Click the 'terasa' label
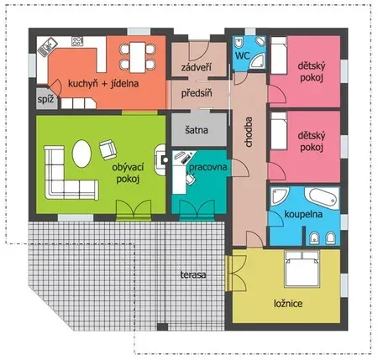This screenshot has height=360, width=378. (193, 274)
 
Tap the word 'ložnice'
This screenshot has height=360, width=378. (288, 304)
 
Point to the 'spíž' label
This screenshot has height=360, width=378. (45, 99)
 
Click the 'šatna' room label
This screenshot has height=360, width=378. (197, 130)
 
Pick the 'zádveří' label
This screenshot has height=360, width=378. (196, 67)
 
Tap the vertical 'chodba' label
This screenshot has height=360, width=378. (249, 132)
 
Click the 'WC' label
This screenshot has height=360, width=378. (242, 55)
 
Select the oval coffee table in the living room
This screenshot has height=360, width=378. (81, 154)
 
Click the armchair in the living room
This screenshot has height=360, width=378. (108, 149)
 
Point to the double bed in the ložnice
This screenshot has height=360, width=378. (302, 269)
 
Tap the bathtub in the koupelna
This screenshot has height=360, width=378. (322, 198)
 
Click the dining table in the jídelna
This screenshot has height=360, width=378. (138, 57)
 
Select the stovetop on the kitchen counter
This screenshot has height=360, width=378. (77, 41)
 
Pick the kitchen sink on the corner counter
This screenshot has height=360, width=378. (47, 47)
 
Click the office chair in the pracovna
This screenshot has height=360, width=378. (190, 179)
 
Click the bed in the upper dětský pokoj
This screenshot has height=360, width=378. (279, 55)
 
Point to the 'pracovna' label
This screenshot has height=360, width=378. (207, 167)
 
